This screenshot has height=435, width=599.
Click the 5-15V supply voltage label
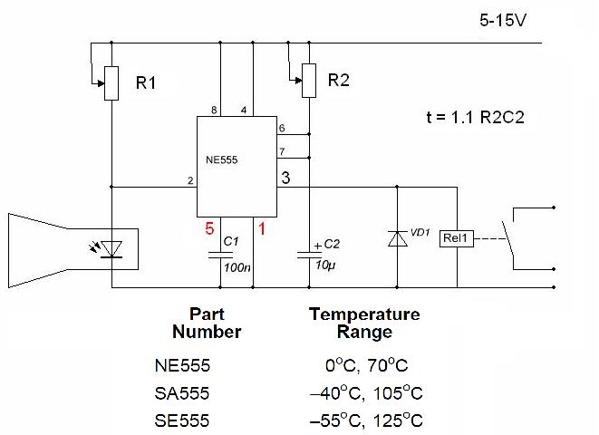tap(503, 19)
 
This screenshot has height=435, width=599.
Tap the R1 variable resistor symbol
tap(111, 83)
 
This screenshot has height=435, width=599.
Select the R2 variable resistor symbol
tap(309, 80)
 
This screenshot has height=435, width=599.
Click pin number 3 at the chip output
tap(285, 178)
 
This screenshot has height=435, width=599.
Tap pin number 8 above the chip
tap(214, 111)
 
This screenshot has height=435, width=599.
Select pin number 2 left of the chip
tap(190, 181)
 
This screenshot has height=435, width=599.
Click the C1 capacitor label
tap(230, 242)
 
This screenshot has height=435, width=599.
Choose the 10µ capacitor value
tap(324, 264)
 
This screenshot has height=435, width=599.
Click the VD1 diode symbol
tap(397, 238)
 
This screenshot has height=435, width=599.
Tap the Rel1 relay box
tap(455, 239)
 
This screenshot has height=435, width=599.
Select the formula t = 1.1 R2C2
tap(476, 117)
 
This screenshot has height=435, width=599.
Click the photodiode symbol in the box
tap(111, 246)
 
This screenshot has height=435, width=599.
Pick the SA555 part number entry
tap(182, 393)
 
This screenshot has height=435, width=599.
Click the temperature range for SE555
tap(366, 420)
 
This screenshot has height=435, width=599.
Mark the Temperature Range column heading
tap(364, 323)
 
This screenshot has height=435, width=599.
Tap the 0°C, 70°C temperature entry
tap(366, 366)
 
